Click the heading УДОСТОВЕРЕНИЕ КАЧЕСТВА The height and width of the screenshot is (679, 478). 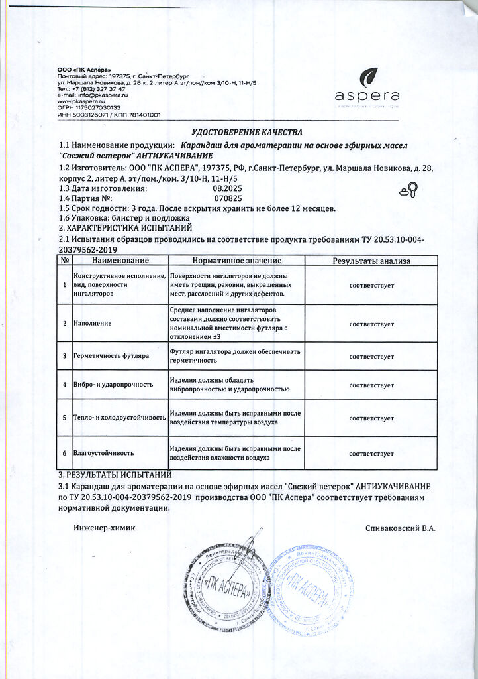[x=246, y=133]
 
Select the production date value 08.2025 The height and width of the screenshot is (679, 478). [x=226, y=188]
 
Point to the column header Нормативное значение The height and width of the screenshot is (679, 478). [x=236, y=261]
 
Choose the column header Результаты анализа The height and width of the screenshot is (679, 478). [x=371, y=261]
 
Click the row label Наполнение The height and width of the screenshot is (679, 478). [x=92, y=324]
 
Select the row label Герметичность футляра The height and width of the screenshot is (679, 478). [x=111, y=356]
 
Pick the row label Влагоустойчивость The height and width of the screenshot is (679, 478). [x=103, y=453]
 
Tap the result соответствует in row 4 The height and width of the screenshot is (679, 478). [x=371, y=385]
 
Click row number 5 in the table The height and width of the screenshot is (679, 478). [x=64, y=418]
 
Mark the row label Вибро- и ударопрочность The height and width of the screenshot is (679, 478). [x=113, y=385]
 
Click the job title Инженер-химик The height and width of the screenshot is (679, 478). [x=104, y=528]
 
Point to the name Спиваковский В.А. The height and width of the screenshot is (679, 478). [x=400, y=528]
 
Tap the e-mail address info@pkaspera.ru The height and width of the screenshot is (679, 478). [x=99, y=95]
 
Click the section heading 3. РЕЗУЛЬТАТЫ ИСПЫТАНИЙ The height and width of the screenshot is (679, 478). [x=115, y=475]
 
